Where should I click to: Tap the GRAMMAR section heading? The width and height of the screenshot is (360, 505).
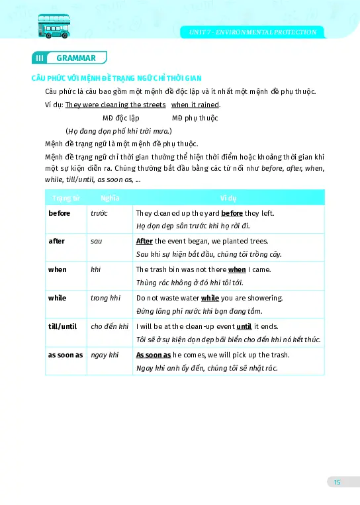click(76, 58)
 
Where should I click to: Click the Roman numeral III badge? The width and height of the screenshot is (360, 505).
click(39, 58)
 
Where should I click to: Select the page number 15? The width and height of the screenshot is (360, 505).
click(337, 482)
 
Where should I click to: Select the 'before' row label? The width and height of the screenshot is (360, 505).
click(60, 213)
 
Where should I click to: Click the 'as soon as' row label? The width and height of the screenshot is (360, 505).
click(66, 355)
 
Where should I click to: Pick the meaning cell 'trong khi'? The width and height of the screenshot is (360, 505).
click(105, 298)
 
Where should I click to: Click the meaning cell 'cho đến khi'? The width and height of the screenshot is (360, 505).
click(109, 326)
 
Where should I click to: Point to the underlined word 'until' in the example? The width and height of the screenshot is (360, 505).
click(244, 326)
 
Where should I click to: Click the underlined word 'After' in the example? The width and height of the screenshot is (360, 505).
click(145, 241)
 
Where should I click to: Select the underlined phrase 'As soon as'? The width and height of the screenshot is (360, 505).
click(154, 355)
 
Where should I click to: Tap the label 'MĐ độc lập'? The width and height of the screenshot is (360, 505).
click(120, 118)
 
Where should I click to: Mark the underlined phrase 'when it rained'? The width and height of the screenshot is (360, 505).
click(195, 105)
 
